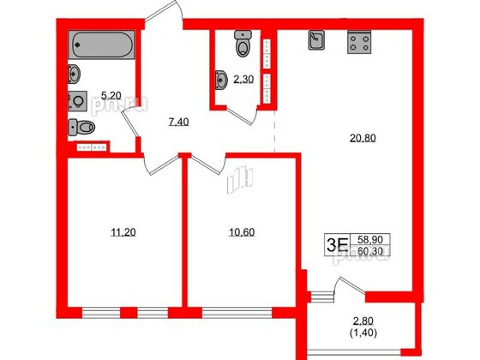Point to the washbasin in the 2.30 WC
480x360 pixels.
[223, 81]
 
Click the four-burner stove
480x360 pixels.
[359, 41]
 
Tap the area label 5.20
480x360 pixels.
[111, 96]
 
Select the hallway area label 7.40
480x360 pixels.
[178, 123]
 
